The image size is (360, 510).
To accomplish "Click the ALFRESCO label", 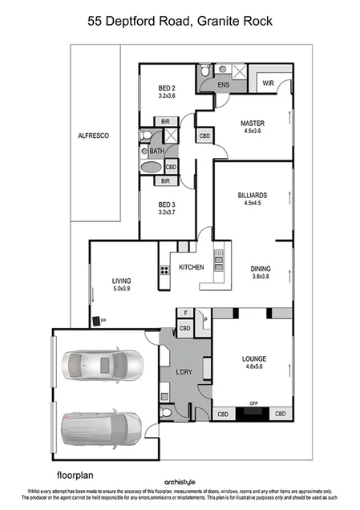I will point(93,136).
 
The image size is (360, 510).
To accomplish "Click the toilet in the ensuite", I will point(206,71).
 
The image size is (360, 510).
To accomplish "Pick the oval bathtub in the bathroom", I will point(150,167).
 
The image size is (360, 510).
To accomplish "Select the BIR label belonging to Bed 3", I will point(165,181).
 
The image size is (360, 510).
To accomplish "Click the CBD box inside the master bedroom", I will point(205,136).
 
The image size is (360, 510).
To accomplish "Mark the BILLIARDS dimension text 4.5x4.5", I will point(252,203).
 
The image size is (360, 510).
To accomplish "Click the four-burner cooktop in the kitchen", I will point(164,270).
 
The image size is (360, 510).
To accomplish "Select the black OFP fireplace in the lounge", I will point(253,414).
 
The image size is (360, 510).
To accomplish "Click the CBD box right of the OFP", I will point(280,414).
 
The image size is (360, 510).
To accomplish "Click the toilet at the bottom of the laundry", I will point(165,413).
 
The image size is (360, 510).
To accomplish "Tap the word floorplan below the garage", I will point(76,463).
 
